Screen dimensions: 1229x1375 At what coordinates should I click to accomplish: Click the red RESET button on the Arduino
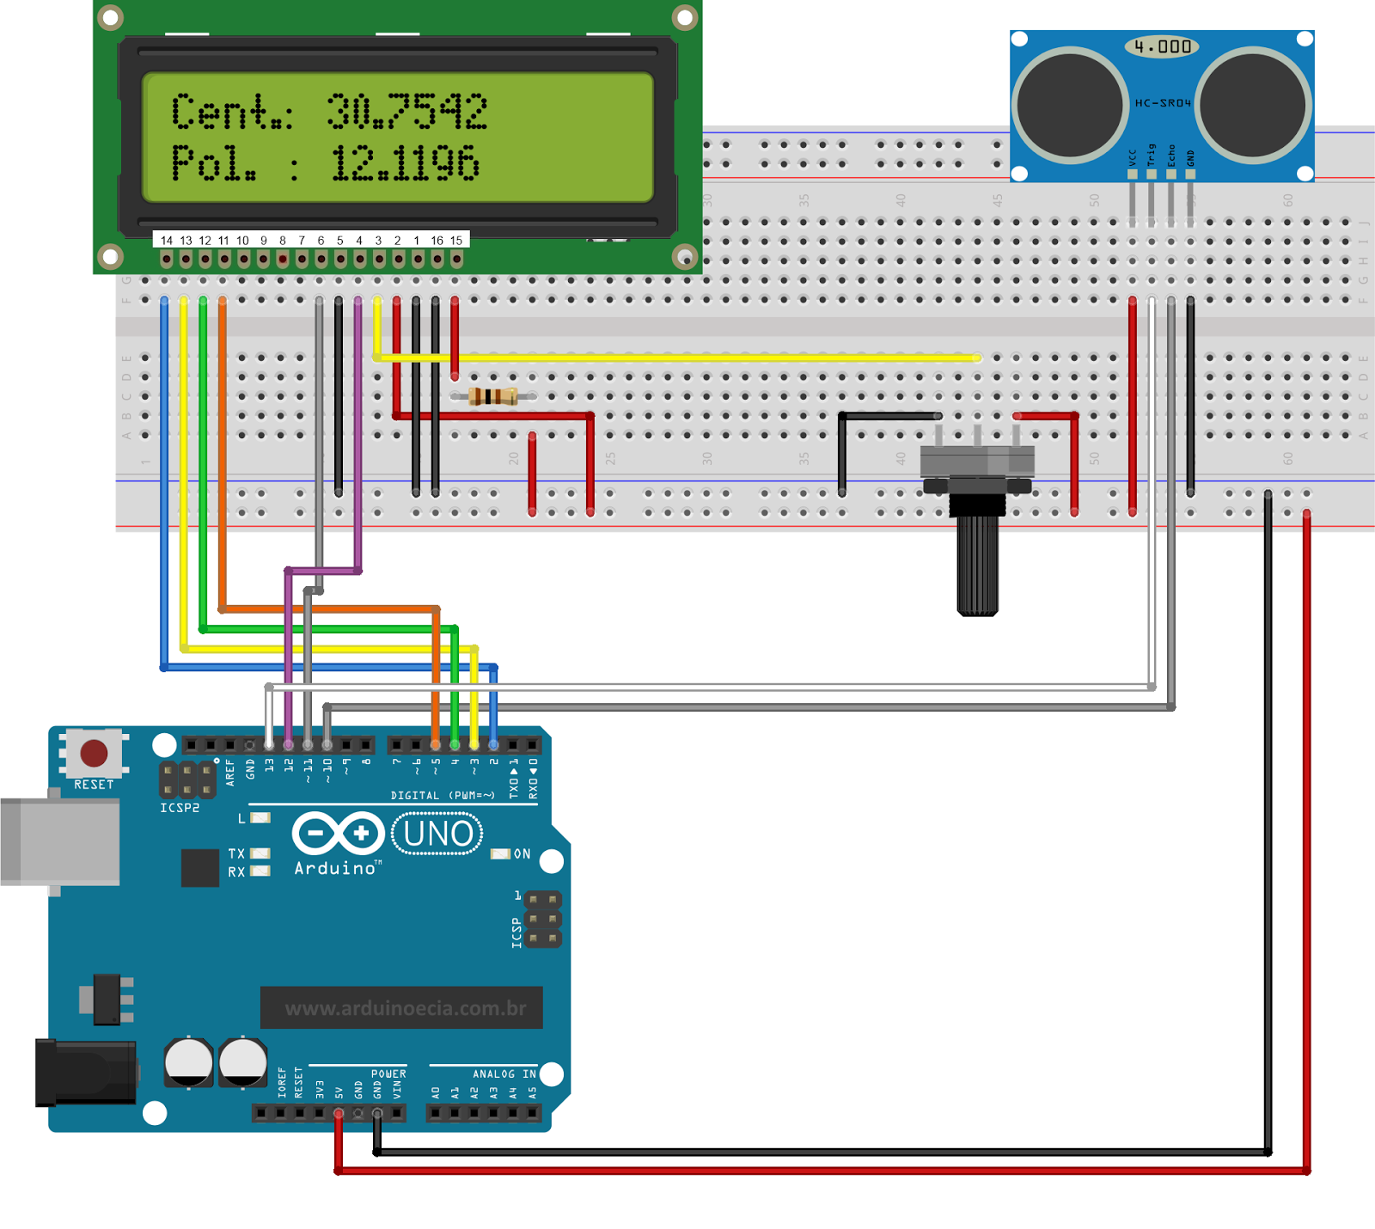click(94, 754)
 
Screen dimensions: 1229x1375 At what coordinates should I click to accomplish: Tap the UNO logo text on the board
click(437, 834)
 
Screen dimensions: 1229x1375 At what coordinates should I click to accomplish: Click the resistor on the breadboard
click(493, 396)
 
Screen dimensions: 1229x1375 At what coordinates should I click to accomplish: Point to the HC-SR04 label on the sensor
click(1163, 103)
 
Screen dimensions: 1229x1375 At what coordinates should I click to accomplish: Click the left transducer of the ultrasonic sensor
click(1070, 106)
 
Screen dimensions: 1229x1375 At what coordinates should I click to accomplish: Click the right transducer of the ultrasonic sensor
click(1253, 106)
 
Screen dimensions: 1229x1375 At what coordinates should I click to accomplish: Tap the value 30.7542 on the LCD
click(406, 112)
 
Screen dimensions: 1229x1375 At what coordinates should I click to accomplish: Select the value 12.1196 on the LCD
click(405, 163)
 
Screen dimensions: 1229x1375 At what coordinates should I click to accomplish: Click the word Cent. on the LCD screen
click(230, 112)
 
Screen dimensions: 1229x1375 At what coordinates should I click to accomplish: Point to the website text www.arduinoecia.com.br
click(405, 1008)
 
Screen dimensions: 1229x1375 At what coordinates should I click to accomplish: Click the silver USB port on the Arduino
click(60, 842)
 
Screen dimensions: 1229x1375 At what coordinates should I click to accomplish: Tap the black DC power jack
click(85, 1073)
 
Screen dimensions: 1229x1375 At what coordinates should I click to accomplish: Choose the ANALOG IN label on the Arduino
click(504, 1073)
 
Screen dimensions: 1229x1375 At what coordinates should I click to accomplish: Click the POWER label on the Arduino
click(388, 1073)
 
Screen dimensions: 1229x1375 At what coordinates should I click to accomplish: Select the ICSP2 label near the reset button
click(180, 808)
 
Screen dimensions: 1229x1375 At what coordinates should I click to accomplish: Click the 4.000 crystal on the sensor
click(1162, 46)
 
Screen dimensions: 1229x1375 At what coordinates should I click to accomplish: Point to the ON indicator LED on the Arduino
click(500, 854)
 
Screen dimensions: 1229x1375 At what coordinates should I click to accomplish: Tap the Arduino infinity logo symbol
click(338, 833)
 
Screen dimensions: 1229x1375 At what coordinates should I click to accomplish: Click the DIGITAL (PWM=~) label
click(443, 796)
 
